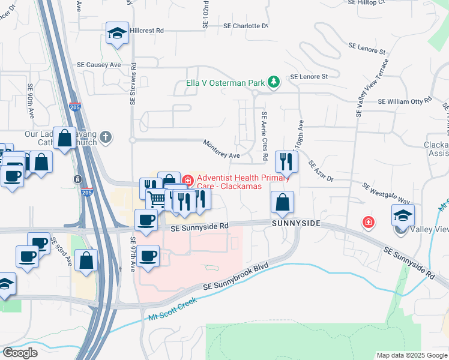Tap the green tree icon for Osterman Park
click(274, 82)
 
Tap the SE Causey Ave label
click(98, 65)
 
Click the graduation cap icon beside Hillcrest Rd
click(117, 34)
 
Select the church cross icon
click(106, 137)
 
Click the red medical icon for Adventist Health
click(187, 179)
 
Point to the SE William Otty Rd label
click(405, 101)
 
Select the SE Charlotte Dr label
click(246, 26)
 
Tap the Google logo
click(20, 352)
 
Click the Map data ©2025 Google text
click(411, 355)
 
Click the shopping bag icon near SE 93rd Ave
click(87, 261)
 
